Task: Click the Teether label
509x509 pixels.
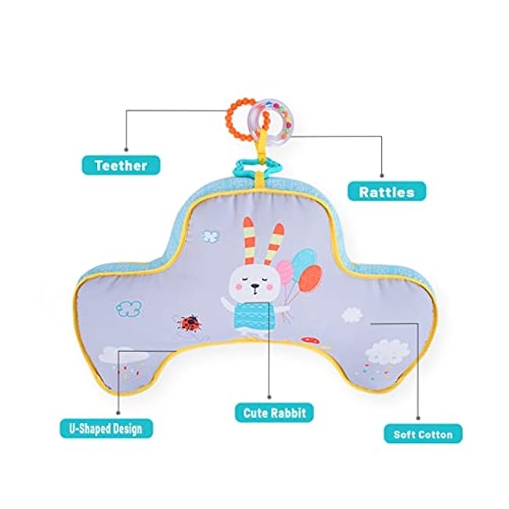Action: coord(121,164)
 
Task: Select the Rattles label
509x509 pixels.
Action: coord(388,190)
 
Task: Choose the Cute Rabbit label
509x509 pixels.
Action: coord(273,412)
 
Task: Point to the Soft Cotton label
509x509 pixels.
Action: coord(423,432)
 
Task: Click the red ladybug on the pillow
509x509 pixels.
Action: coord(187,321)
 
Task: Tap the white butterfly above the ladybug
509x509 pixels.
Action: coord(209,233)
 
